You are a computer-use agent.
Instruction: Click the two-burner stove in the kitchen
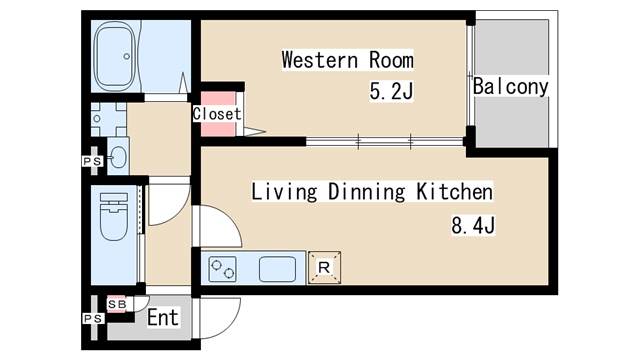click(223, 268)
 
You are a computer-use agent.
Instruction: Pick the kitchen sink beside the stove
click(278, 268)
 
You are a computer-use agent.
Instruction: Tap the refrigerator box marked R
click(324, 268)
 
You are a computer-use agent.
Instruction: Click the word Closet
click(217, 114)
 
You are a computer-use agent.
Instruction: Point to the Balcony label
click(511, 87)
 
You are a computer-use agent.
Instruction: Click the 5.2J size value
click(391, 92)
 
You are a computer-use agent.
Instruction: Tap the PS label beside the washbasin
click(92, 160)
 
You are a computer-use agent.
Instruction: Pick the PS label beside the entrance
click(92, 319)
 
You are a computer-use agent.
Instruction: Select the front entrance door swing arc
click(217, 318)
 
